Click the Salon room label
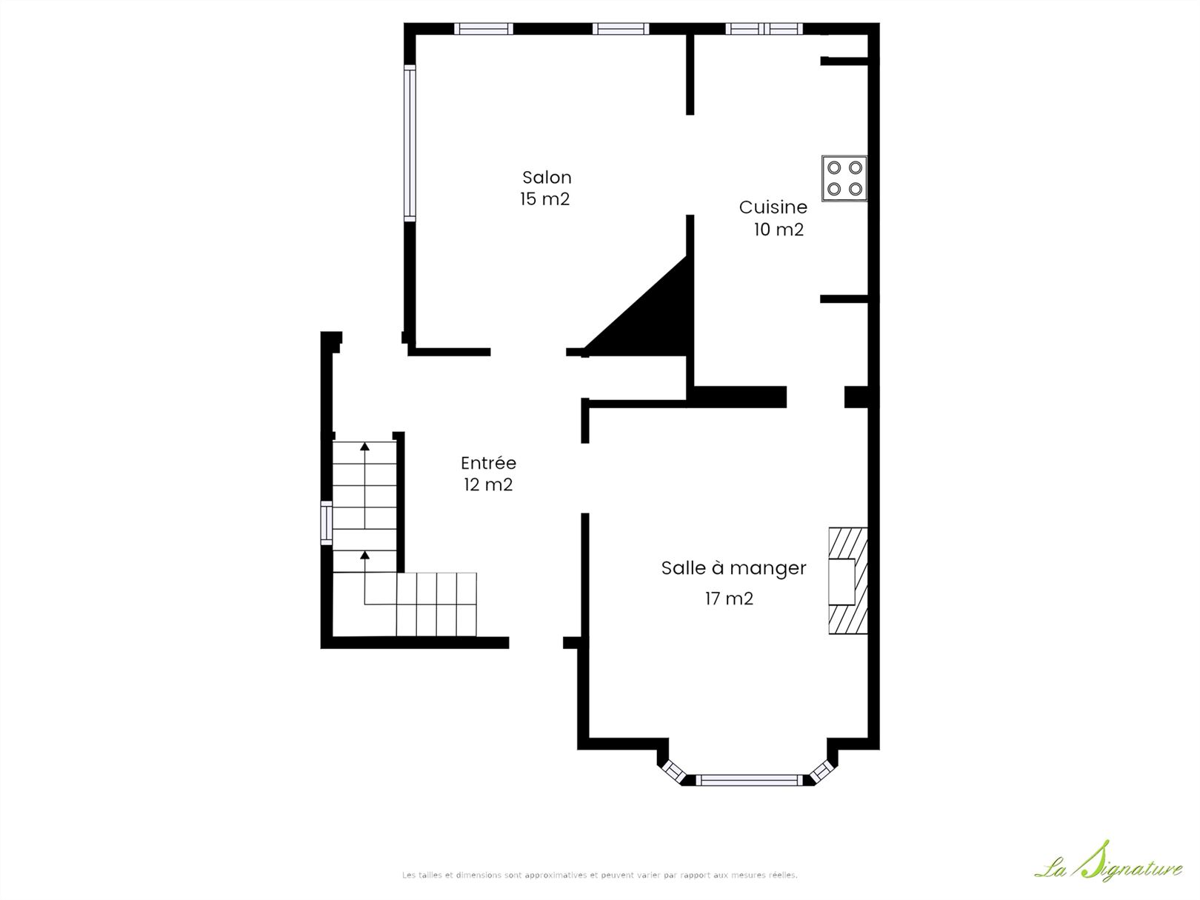click(547, 177)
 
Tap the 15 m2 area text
click(545, 199)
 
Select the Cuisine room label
click(773, 207)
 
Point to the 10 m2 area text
click(779, 230)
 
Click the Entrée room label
click(488, 463)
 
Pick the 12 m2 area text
click(488, 484)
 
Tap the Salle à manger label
click(733, 568)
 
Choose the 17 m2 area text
click(729, 599)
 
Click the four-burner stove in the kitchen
click(844, 178)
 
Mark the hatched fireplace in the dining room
click(848, 580)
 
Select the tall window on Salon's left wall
click(410, 143)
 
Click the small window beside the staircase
click(327, 523)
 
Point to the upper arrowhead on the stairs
click(364, 447)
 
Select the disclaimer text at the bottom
click(600, 875)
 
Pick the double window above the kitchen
click(764, 28)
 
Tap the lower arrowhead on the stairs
click(364, 556)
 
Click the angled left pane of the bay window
click(673, 772)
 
